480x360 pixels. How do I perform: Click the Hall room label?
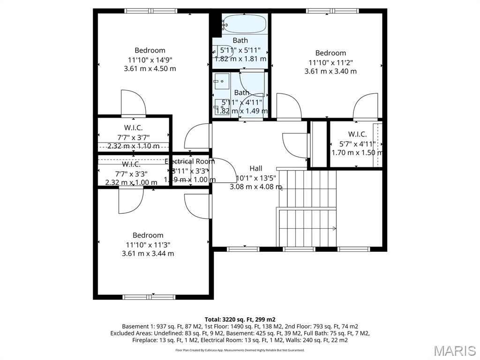pyautogui.click(x=255, y=168)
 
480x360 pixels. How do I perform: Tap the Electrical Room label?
pyautogui.click(x=189, y=161)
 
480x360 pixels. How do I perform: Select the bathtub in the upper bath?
pyautogui.click(x=244, y=22)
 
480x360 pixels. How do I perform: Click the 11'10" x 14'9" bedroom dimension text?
pyautogui.click(x=150, y=60)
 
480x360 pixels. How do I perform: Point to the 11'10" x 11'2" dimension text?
pyautogui.click(x=330, y=62)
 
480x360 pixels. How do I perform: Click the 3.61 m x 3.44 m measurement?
pyautogui.click(x=148, y=254)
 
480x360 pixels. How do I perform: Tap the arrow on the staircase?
pyautogui.click(x=334, y=228)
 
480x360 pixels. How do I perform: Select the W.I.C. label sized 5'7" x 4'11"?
pyautogui.click(x=357, y=134)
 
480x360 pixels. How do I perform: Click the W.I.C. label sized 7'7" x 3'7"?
pyautogui.click(x=133, y=127)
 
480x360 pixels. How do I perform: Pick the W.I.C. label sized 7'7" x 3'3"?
pyautogui.click(x=131, y=164)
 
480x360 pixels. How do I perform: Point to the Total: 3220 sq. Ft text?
pyautogui.click(x=240, y=319)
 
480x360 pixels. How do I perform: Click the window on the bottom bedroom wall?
pyautogui.click(x=149, y=296)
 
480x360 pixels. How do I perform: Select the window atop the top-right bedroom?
pyautogui.click(x=332, y=11)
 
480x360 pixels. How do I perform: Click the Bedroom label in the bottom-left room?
pyautogui.click(x=148, y=235)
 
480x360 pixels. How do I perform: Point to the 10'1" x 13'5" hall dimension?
pyautogui.click(x=255, y=178)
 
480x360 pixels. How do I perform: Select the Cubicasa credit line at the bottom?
pyautogui.click(x=240, y=350)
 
